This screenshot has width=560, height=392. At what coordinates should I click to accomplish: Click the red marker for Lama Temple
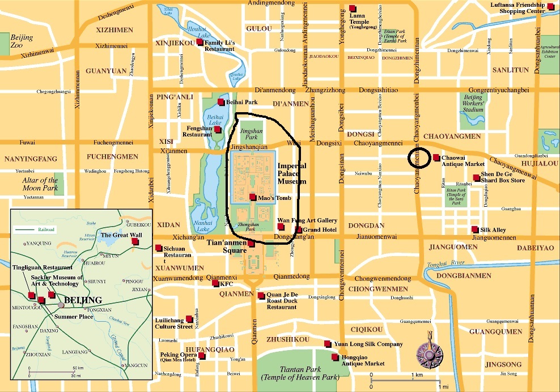[x=352, y=8]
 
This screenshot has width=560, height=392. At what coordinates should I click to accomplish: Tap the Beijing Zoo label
[x=22, y=41]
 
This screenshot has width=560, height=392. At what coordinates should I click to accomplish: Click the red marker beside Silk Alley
[x=474, y=229]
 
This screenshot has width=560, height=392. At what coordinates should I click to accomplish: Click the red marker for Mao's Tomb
[x=252, y=197]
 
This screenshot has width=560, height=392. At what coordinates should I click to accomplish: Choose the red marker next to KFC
[x=215, y=283]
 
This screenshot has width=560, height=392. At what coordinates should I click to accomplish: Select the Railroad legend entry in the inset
[x=35, y=230]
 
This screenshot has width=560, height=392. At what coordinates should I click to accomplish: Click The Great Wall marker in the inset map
[x=134, y=241]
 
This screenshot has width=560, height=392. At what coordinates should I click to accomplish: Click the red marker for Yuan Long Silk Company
[x=327, y=344]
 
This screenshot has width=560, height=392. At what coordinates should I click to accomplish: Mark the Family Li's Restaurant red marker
[x=200, y=42]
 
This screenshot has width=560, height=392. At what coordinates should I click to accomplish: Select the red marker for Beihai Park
[x=220, y=102]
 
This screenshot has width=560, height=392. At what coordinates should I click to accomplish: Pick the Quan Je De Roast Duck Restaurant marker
[x=261, y=295]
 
